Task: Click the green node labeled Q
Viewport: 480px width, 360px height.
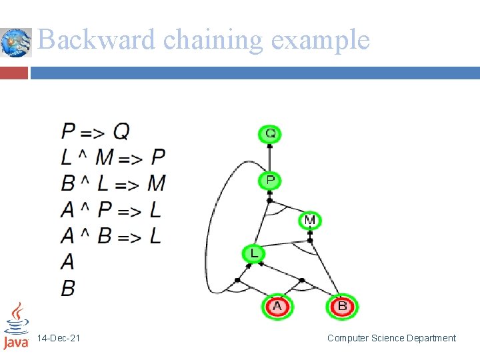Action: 270,134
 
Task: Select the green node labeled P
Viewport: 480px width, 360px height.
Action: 270,180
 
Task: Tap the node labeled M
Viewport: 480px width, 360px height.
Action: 310,220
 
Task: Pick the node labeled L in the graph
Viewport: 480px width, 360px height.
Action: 253,253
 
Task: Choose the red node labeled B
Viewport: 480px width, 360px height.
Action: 342,307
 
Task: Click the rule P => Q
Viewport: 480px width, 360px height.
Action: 95,131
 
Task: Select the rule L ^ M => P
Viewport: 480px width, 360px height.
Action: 113,157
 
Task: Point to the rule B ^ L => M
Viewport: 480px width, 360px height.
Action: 113,183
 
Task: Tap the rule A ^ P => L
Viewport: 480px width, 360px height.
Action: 111,210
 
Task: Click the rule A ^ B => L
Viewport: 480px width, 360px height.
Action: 111,236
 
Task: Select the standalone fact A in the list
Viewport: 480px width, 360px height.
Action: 68,262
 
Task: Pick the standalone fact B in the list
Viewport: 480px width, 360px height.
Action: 68,288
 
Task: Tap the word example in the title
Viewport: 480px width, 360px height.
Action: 321,40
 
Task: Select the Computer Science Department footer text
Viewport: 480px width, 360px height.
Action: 391,339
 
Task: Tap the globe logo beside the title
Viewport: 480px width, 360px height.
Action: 16,43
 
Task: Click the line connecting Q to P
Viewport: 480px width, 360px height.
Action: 269,158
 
